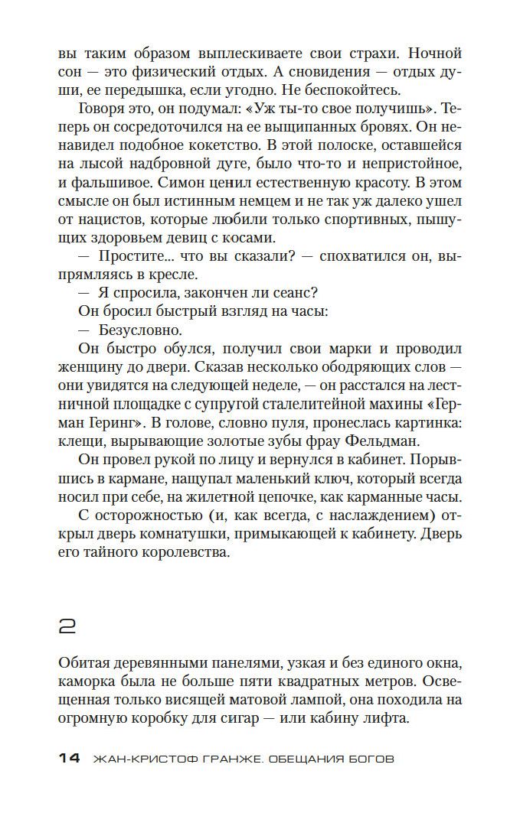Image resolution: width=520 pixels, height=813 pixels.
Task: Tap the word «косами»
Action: click(247, 237)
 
